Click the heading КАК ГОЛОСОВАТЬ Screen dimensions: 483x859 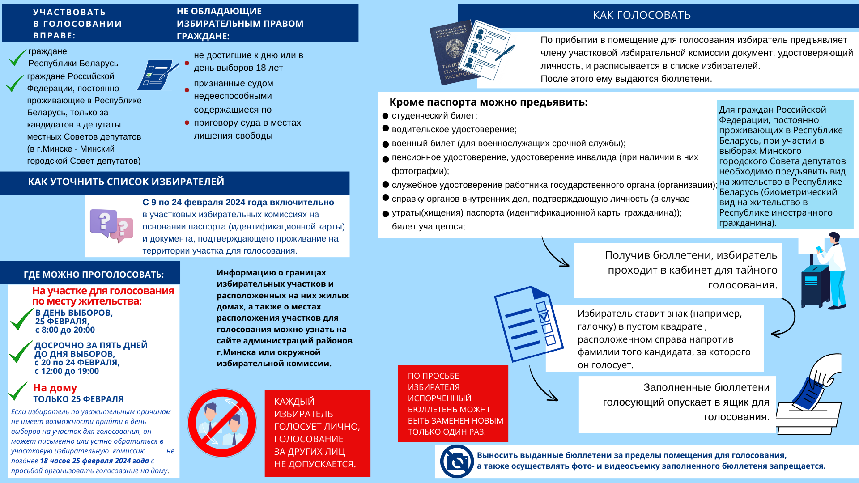642,15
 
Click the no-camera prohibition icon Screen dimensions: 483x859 457,461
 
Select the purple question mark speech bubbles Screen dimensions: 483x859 111,225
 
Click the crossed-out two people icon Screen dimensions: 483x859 222,423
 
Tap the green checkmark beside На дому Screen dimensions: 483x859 18,391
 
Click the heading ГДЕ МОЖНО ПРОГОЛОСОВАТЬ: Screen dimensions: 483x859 94,275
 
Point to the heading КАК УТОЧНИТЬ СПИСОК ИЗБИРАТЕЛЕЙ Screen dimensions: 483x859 126,182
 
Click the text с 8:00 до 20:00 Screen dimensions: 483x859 65,330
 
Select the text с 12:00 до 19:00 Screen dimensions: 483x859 67,371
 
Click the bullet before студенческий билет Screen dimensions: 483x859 385,116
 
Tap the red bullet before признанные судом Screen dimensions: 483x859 187,90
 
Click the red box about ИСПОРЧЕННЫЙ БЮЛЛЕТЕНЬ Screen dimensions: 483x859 453,403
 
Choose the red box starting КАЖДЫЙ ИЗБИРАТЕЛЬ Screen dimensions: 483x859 317,432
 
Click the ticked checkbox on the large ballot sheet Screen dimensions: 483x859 544,317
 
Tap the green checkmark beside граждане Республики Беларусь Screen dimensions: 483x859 17,58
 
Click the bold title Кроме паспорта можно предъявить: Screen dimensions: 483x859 488,102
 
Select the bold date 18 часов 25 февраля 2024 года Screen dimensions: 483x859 94,461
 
